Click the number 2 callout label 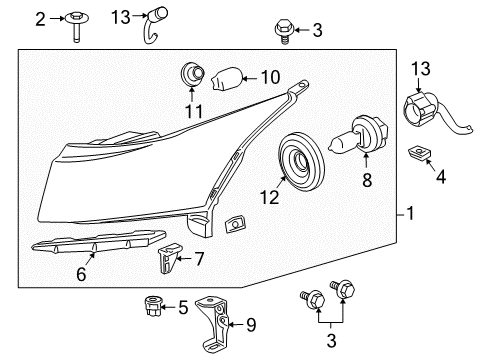[x=39, y=19]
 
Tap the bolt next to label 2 [x=76, y=25]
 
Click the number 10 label [x=270, y=77]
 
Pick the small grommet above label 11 [x=188, y=73]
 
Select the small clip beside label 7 [x=166, y=263]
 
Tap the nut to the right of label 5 [x=155, y=306]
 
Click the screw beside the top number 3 [x=283, y=32]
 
